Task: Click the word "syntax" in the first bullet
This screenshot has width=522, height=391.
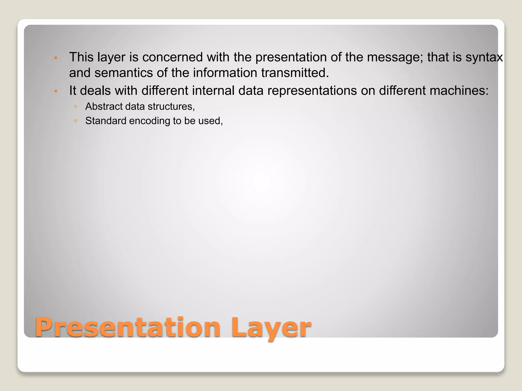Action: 484,57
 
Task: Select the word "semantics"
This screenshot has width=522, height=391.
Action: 124,73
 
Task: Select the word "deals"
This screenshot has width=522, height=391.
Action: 95,91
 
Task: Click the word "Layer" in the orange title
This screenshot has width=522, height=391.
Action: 271,328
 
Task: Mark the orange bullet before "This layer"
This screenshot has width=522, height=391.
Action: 56,58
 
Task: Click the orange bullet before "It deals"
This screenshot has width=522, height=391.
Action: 56,91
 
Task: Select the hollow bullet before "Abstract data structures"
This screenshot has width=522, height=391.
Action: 75,107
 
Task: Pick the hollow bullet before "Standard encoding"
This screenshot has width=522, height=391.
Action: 75,121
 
